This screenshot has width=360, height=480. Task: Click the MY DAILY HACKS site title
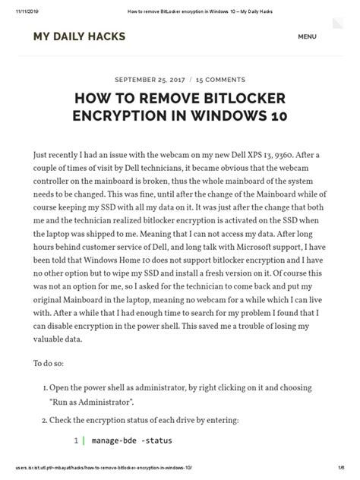tap(79, 36)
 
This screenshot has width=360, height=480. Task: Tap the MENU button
tap(307, 36)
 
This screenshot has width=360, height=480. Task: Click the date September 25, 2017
tap(150, 79)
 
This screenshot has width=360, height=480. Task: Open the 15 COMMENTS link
tap(220, 79)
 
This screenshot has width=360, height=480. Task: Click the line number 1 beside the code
tap(76, 440)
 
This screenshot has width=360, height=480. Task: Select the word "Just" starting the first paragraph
tap(44, 154)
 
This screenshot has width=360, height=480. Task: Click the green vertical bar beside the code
tap(83, 440)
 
